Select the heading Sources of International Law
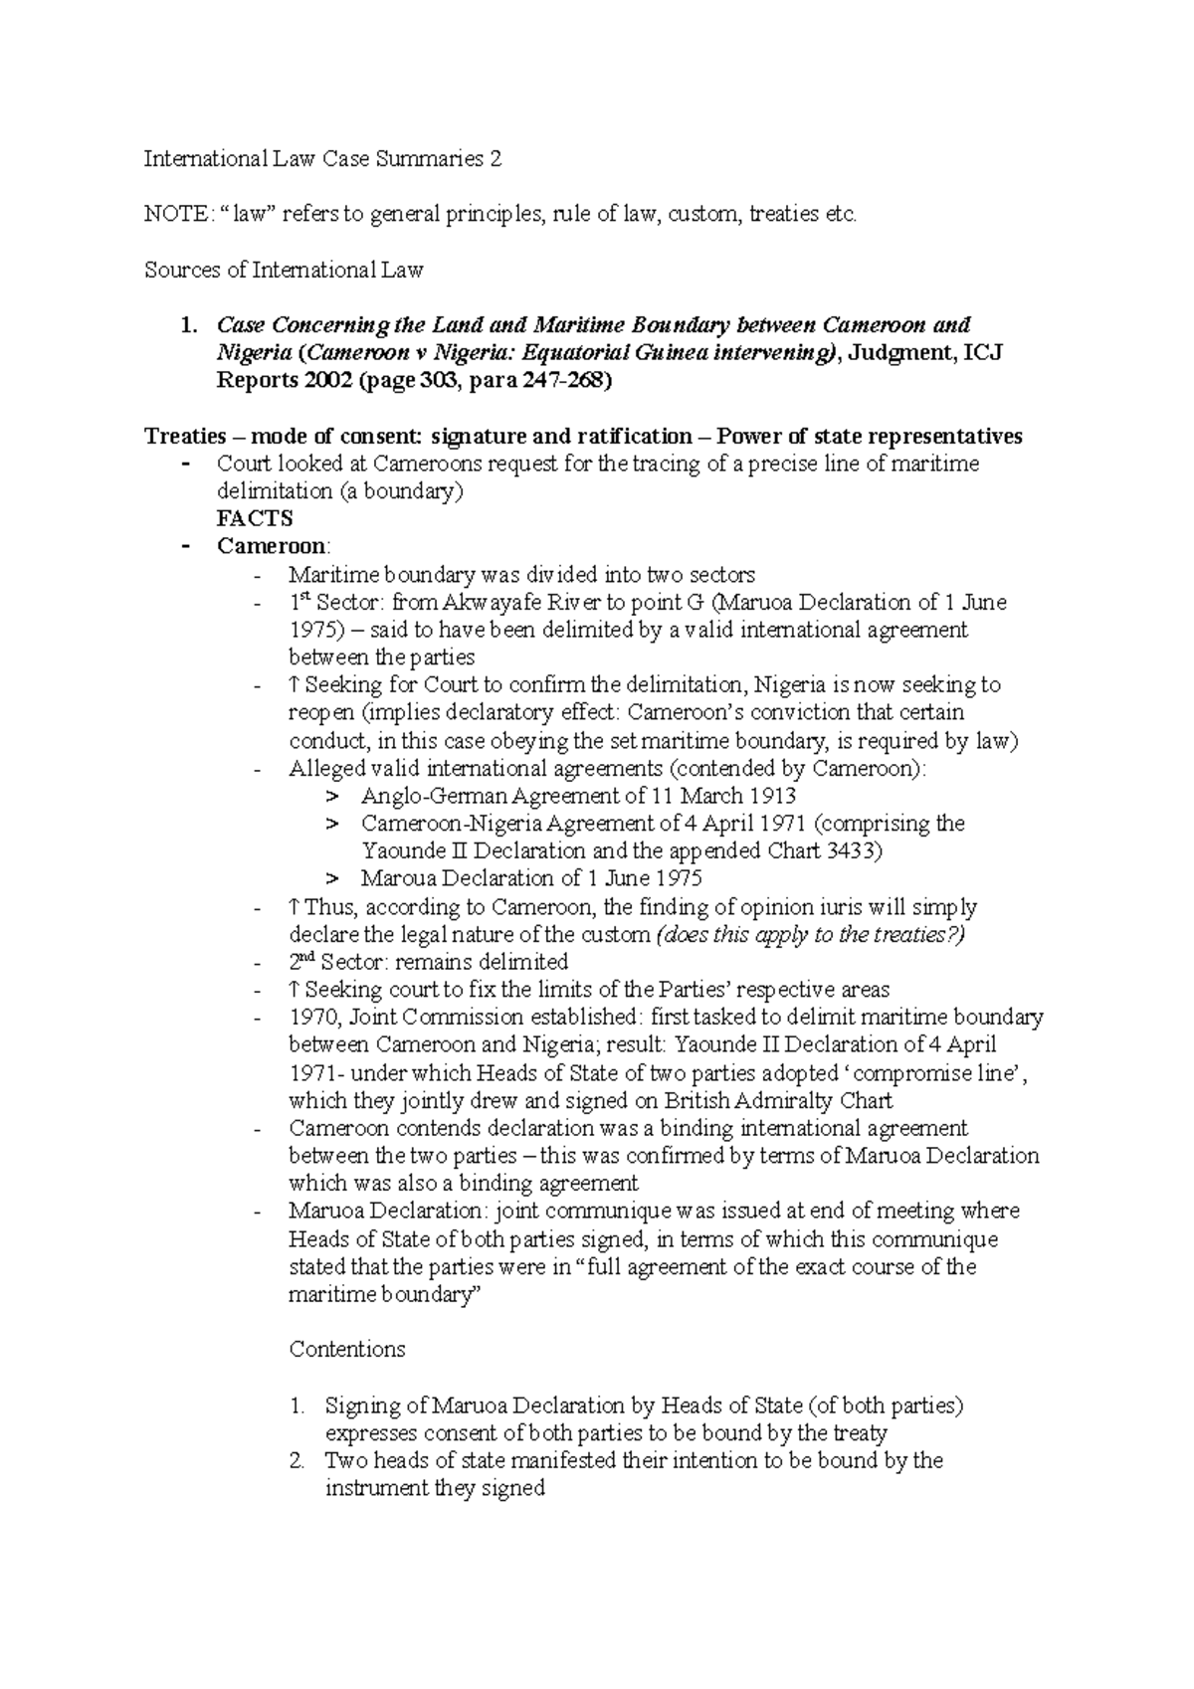[x=284, y=270]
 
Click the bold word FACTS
[x=255, y=519]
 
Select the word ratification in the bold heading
[x=638, y=437]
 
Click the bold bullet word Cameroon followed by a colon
[x=272, y=547]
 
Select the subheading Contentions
[x=346, y=1350]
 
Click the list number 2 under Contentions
[x=297, y=1461]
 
